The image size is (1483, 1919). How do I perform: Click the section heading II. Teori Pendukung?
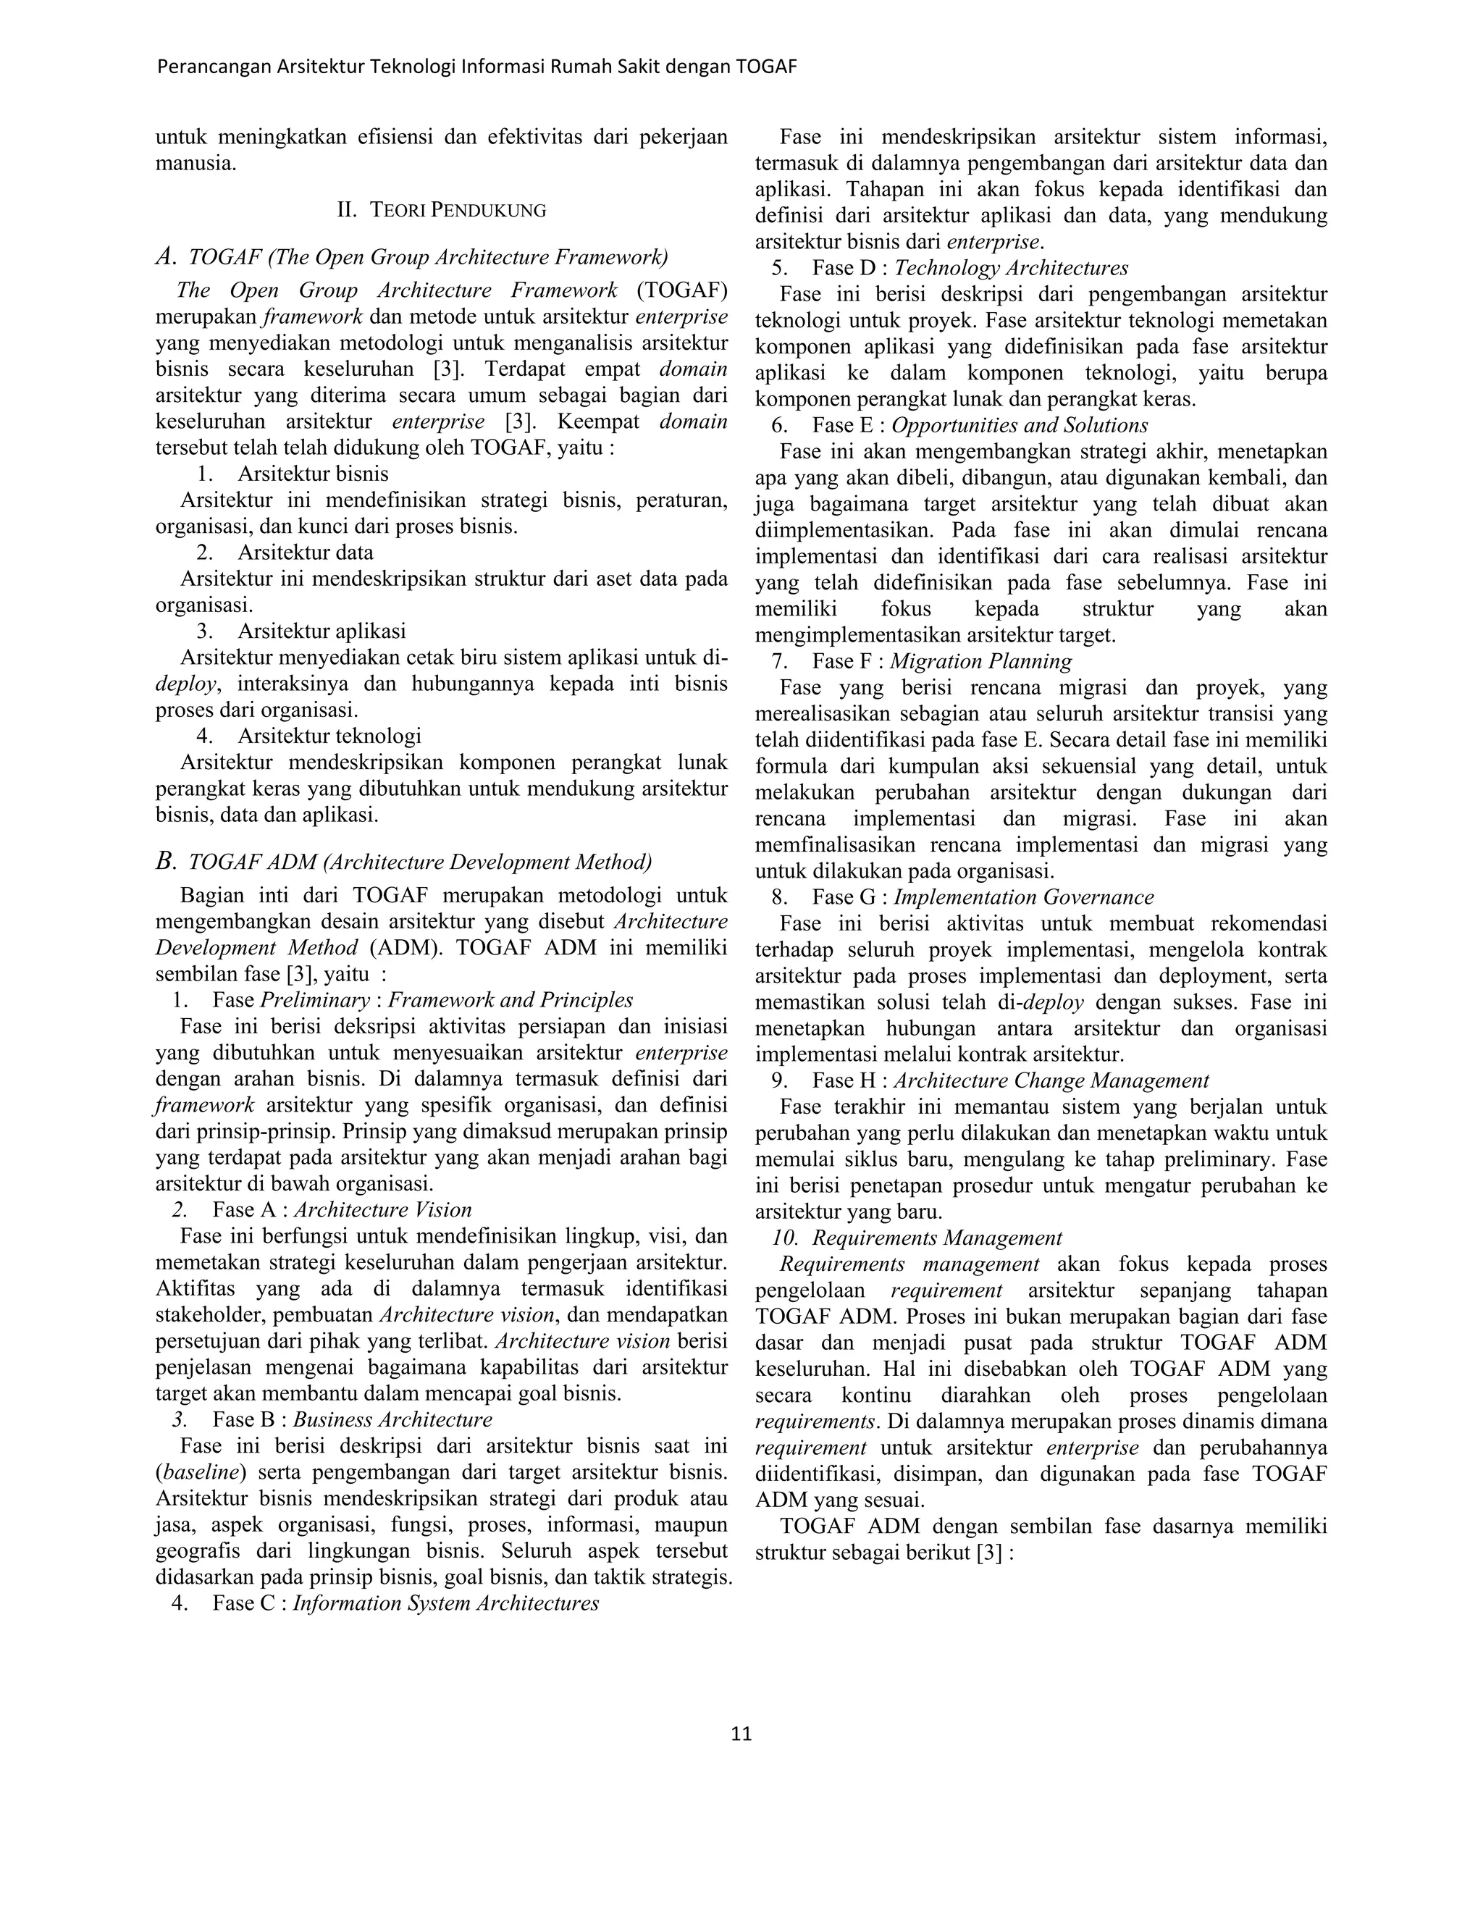click(x=442, y=210)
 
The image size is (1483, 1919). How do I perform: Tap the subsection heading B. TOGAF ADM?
click(x=403, y=861)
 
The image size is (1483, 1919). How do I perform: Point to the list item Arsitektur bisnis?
click(x=313, y=474)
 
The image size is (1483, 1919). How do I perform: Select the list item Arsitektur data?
click(x=305, y=553)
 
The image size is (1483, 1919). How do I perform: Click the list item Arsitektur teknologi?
click(x=329, y=736)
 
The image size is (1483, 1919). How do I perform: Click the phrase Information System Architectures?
click(x=445, y=1603)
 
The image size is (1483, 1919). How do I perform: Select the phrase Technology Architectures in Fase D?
click(x=1010, y=268)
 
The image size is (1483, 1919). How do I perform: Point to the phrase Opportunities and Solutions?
click(x=1019, y=425)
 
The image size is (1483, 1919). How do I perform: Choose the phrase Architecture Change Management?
click(x=1051, y=1080)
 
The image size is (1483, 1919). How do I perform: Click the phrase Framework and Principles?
click(x=511, y=1000)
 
